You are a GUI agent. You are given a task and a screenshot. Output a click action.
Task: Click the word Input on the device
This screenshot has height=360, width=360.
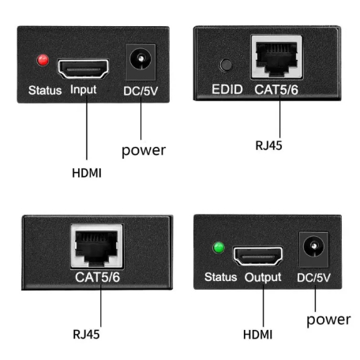coord(84,89)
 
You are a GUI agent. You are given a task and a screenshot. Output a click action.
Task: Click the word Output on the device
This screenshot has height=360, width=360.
coord(262,277)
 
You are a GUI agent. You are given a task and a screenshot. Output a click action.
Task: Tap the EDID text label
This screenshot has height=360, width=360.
coord(226,90)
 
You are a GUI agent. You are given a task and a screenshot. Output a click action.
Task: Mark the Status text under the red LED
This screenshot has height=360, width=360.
coord(45,89)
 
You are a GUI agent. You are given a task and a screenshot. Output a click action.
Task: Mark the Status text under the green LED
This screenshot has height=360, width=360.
coord(220,277)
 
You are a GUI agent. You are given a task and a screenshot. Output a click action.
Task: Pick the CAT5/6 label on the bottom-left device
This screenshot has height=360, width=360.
coord(96,277)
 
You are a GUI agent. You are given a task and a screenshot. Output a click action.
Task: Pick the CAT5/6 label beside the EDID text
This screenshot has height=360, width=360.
coord(276,90)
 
